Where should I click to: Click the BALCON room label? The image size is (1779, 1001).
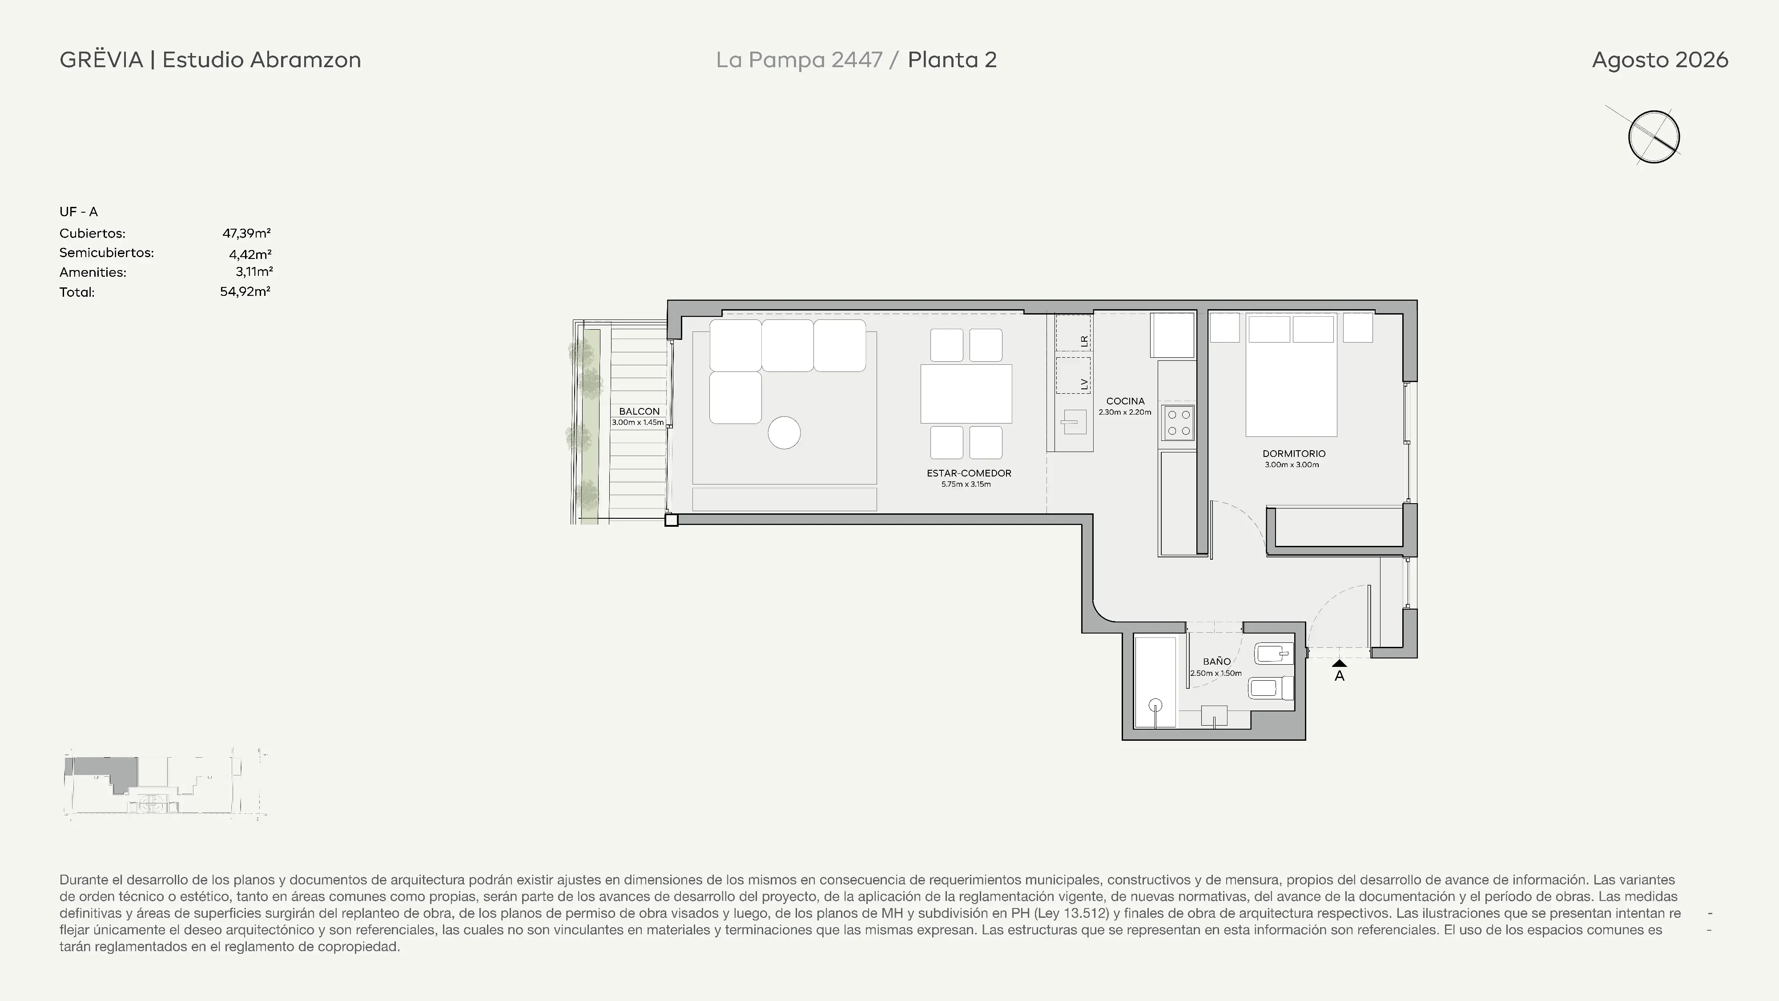tap(639, 411)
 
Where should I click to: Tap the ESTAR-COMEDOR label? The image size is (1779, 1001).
tap(969, 473)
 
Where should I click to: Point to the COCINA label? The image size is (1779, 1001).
tap(1125, 401)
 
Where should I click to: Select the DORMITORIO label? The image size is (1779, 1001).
tap(1293, 454)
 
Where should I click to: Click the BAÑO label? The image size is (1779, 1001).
tap(1216, 661)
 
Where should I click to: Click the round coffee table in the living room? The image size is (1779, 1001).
tap(784, 433)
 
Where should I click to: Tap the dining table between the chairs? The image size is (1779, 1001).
tap(966, 394)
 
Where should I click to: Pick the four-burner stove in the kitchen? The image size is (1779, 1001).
tap(1178, 423)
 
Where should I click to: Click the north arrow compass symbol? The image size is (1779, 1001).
tap(1653, 136)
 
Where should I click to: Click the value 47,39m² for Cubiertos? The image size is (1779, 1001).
tap(246, 234)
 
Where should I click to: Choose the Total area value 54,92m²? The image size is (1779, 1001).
tap(245, 291)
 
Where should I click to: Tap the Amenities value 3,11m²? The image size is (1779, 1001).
tap(254, 271)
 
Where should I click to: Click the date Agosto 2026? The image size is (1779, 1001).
tap(1659, 60)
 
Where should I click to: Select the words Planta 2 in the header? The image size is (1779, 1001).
tap(952, 60)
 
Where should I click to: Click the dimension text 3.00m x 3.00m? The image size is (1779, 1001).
tap(1292, 465)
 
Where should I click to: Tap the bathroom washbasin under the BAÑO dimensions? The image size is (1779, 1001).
tap(1214, 716)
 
